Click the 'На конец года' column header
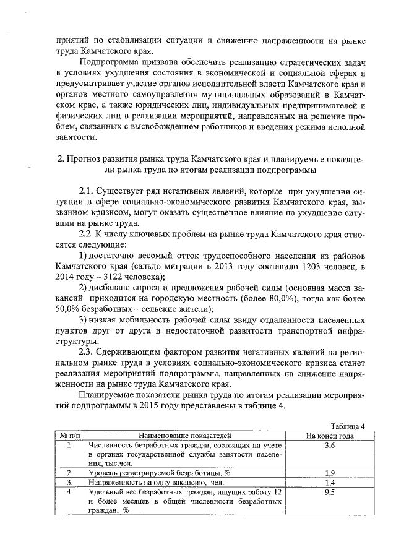coord(330,435)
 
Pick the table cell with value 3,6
coord(330,445)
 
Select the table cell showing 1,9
coord(330,473)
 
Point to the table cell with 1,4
coord(330,482)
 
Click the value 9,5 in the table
coord(330,492)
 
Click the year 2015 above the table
coord(152,410)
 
